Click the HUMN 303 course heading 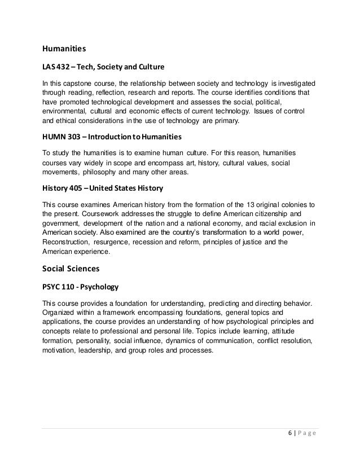pyautogui.click(x=106, y=137)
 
